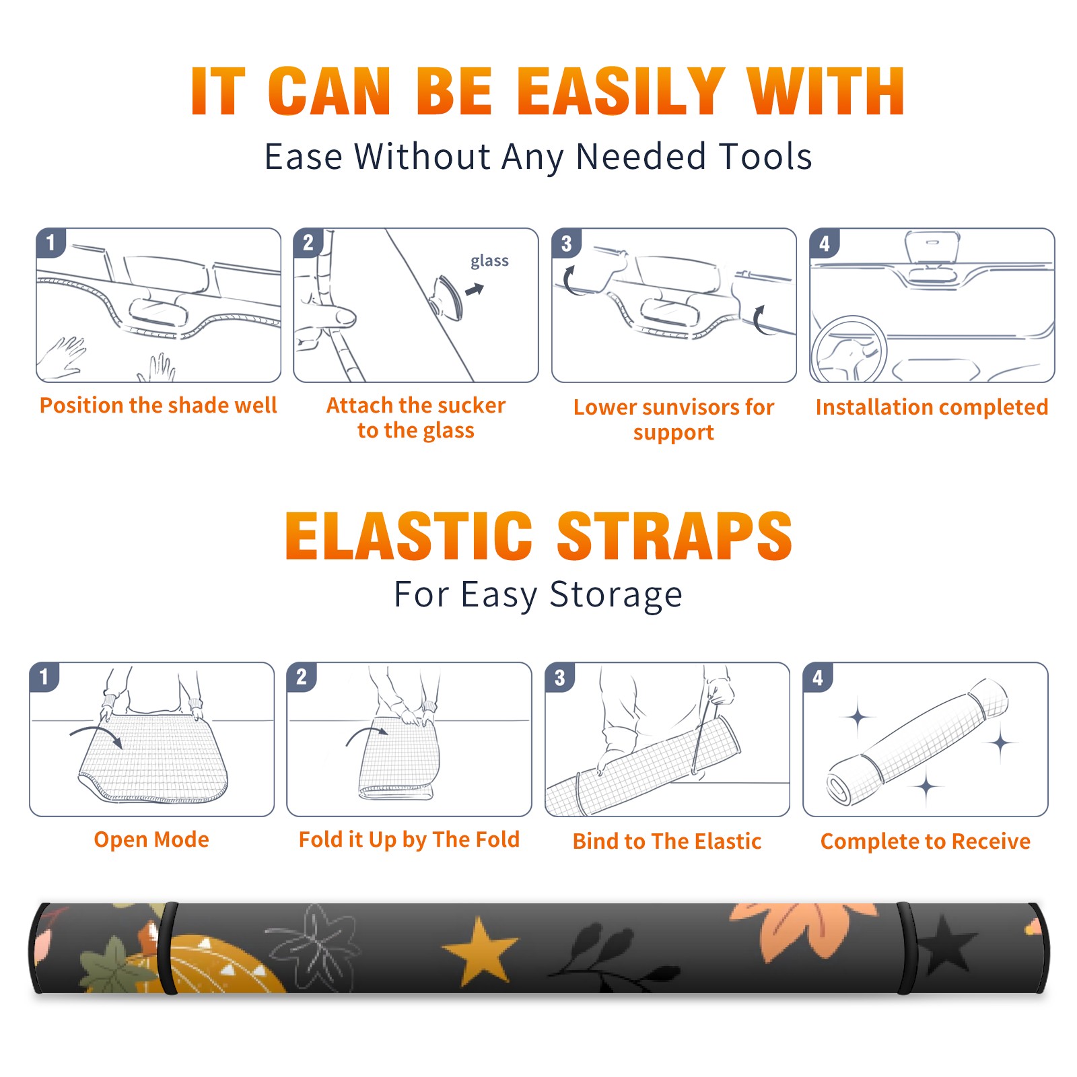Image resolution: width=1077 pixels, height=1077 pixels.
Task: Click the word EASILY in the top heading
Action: (x=621, y=92)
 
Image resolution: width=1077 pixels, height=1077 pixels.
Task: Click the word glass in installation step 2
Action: (x=489, y=261)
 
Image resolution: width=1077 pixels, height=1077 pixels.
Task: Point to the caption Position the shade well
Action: (x=158, y=405)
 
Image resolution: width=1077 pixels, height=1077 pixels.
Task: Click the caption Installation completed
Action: (x=932, y=407)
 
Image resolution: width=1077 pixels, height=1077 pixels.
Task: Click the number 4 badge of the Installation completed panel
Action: (x=825, y=243)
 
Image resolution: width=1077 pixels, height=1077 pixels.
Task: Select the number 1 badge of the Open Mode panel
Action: (x=44, y=676)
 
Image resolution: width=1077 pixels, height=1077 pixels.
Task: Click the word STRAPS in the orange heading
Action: (x=674, y=536)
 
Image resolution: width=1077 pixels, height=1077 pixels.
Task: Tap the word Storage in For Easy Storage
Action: (x=616, y=595)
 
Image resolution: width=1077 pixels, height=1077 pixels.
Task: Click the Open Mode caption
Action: (x=151, y=839)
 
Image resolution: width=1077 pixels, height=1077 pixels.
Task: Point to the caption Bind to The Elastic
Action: (x=667, y=841)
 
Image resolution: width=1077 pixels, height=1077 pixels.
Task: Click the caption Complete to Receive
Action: (x=926, y=841)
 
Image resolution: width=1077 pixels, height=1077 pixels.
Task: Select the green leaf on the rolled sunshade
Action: (x=111, y=967)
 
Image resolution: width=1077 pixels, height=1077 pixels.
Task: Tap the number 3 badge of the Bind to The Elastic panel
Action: (x=560, y=677)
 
